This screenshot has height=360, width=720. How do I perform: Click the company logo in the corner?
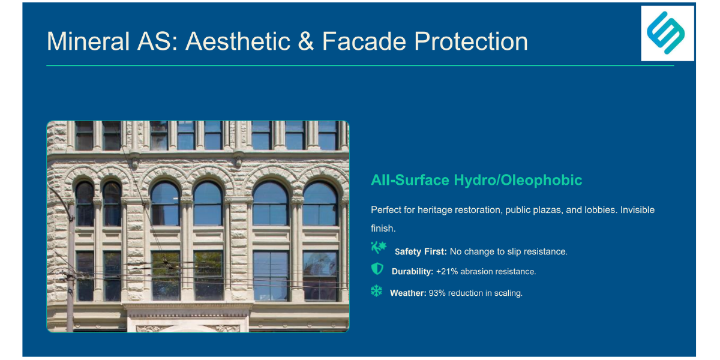pos(667,33)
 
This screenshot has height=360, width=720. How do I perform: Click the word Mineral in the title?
pos(88,41)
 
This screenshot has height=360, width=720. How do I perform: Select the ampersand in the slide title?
pos(305,41)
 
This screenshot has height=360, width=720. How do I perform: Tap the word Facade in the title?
pos(364,41)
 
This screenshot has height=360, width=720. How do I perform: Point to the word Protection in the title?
pos(471,41)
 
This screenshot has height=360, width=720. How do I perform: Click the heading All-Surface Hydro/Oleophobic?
pos(476,180)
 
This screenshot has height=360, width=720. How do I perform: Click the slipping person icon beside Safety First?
pos(379,248)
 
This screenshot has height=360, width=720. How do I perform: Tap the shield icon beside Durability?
pos(377,269)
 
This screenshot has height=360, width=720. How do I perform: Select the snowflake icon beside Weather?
pos(376,290)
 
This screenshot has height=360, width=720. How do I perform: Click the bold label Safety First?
pos(421,251)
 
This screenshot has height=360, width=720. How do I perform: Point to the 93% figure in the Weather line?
pos(437,293)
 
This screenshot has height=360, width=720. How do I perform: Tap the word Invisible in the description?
pos(637,210)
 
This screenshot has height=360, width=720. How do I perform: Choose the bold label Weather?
pos(408,293)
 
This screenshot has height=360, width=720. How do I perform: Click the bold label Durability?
pos(412,272)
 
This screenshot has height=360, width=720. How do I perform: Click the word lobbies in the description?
pos(601,210)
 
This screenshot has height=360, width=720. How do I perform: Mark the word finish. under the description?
pos(383,229)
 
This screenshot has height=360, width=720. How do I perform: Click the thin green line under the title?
pos(360,65)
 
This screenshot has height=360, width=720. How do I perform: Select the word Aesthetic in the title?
pos(238,41)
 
